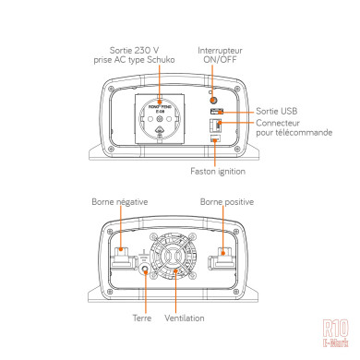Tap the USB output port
pyautogui.click(x=215, y=112)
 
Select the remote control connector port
pyautogui.click(x=215, y=128)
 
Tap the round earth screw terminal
pyautogui.click(x=145, y=271)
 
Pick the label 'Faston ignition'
pyautogui.click(x=217, y=171)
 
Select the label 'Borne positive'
pyautogui.click(x=226, y=200)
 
